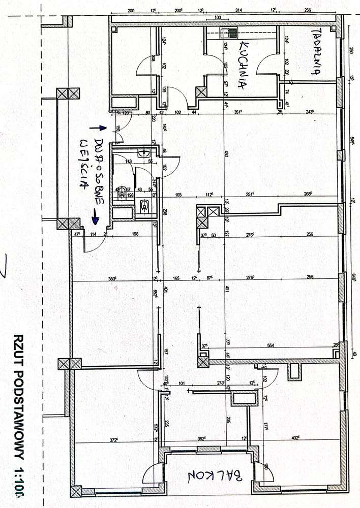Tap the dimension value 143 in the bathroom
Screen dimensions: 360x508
pos(128,161)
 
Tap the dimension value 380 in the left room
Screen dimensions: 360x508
pos(113,278)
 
